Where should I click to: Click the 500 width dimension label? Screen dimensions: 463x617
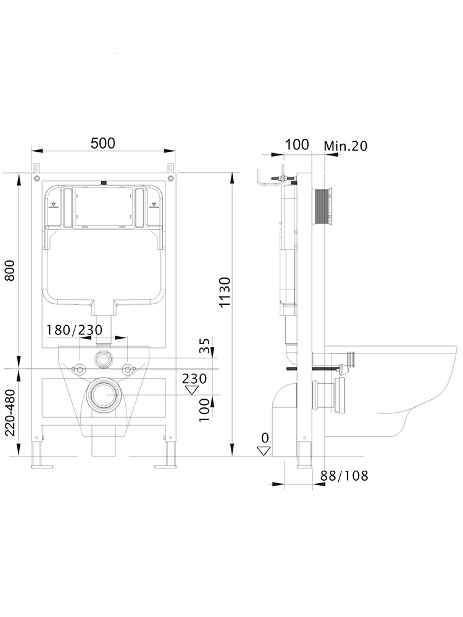(x=102, y=143)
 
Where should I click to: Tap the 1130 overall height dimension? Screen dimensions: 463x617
(x=225, y=292)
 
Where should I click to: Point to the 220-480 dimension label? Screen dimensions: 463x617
(x=10, y=412)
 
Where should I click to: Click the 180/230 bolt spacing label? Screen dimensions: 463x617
(x=75, y=329)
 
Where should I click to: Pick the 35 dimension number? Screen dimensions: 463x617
(x=205, y=346)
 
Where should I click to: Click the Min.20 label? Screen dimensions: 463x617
(x=346, y=146)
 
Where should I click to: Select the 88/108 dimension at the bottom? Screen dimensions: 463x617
(x=344, y=476)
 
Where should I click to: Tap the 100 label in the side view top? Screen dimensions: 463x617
(x=297, y=145)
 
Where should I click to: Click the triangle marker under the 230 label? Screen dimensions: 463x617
(x=192, y=390)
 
